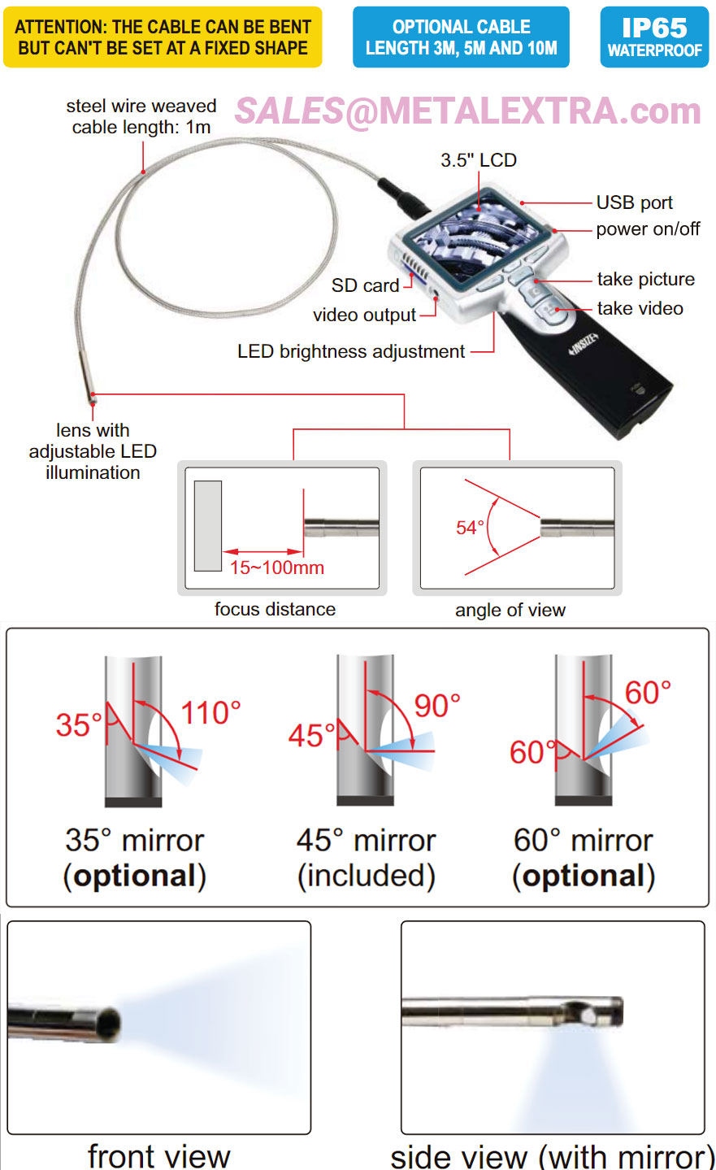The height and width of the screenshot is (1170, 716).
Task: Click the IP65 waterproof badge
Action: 654,37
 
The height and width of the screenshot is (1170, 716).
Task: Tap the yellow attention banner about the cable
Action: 163,37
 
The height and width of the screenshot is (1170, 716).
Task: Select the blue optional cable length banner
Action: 461,37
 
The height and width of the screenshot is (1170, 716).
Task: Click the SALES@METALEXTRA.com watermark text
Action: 467,111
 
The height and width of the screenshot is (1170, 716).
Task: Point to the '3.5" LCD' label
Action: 479,160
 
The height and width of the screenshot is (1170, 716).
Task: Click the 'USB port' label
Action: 634,202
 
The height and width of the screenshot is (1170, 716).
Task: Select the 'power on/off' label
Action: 648,228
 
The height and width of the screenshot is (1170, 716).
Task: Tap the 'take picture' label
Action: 645,280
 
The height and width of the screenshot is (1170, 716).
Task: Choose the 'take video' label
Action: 640,309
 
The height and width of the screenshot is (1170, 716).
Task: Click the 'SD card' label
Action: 365,285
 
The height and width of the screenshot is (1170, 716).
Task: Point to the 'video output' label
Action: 364,315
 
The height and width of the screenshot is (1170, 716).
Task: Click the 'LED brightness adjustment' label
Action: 351,351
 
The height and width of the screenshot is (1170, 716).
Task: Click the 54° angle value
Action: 470,528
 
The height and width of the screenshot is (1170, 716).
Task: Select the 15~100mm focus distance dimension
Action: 277,568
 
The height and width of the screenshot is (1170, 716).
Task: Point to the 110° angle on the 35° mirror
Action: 210,713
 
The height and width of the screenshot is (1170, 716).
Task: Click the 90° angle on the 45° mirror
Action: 437,706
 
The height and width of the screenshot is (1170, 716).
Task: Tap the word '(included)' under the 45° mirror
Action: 366,876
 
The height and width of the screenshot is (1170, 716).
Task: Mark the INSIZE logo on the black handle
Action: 584,345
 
